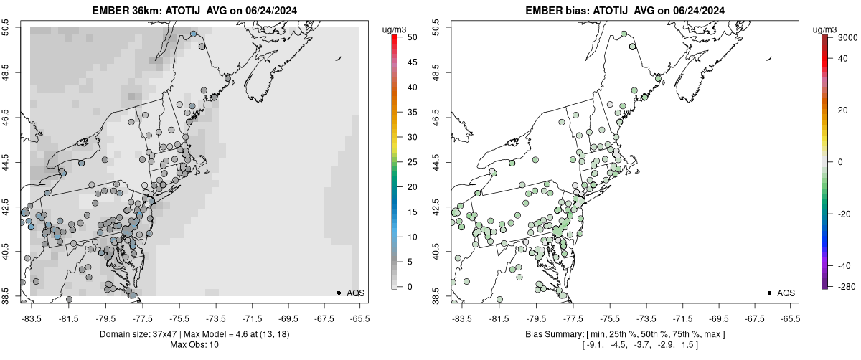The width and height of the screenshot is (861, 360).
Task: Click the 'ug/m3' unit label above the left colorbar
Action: (396, 29)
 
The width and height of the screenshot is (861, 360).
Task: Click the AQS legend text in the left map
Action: (355, 293)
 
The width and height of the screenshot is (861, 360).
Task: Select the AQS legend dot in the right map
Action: (769, 293)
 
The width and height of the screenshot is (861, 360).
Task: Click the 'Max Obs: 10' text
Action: (194, 345)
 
